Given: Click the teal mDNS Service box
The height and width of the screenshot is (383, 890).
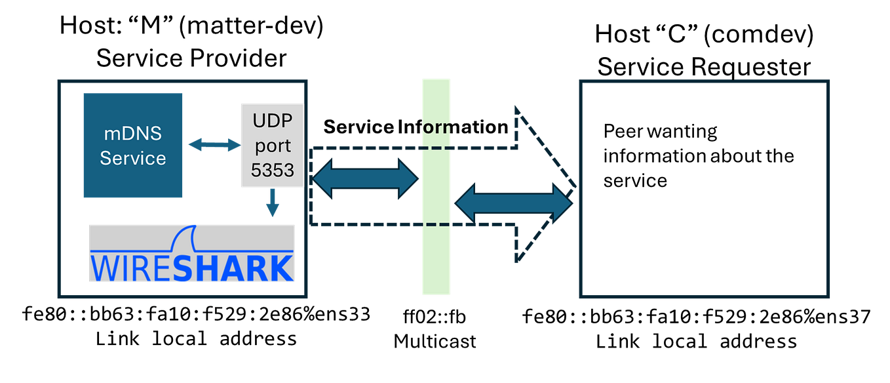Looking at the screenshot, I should pos(132,146).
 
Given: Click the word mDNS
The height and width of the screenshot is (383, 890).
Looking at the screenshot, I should pos(133,134).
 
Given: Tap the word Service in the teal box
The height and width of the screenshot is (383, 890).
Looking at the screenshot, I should pos(133,158).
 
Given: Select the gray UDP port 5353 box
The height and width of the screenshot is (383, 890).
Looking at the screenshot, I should pos(272,146).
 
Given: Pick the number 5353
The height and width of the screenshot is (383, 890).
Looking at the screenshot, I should pos(273,171).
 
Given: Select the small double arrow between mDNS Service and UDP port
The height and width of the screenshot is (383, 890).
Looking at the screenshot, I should pos(213,145).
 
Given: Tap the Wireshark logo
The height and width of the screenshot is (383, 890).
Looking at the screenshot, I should pos(192,254).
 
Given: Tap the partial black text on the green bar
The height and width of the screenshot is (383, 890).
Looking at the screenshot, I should pos(436,126).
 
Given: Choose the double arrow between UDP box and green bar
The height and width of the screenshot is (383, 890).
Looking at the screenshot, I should pos(364,178).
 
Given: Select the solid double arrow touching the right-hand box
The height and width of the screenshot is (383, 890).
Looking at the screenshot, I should pos(513,203).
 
